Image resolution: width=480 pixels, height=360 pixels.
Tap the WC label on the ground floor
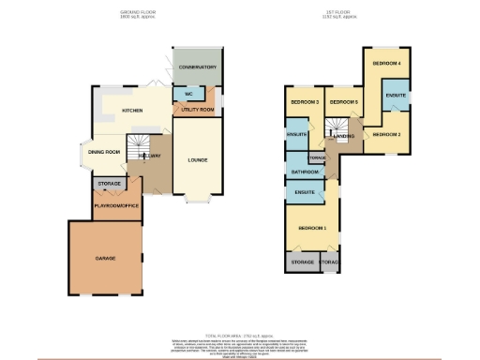click(x=188, y=95)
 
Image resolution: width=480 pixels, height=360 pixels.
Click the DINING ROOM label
click(x=105, y=152)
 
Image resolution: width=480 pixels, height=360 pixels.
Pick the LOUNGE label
click(x=197, y=159)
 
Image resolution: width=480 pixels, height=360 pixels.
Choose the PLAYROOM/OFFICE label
click(x=115, y=205)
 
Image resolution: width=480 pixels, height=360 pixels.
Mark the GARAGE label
click(x=104, y=256)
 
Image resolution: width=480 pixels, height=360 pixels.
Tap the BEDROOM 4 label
click(x=386, y=63)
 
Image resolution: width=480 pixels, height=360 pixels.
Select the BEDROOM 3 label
click(x=305, y=101)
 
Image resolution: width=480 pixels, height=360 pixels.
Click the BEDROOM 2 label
click(x=386, y=135)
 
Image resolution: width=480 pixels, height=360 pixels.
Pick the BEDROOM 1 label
click(x=312, y=228)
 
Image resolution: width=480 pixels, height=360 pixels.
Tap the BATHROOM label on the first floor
click(x=306, y=172)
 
